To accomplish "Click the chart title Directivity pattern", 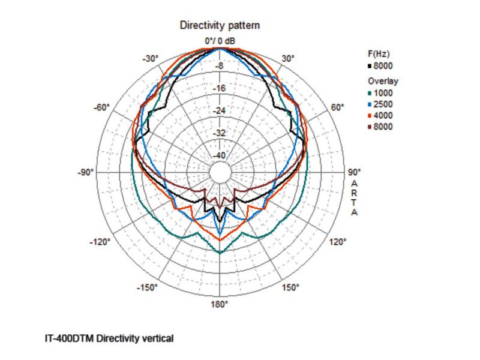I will (x=220, y=26).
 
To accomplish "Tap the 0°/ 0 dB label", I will (x=220, y=41).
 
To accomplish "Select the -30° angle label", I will (x=150, y=58).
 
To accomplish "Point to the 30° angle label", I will (x=288, y=58).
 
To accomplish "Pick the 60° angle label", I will (x=338, y=107).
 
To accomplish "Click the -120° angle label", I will (x=99, y=242).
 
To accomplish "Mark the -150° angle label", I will (x=148, y=288).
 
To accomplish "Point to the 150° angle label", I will (x=290, y=288).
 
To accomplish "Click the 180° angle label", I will (x=219, y=304).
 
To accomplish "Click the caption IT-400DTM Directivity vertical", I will (x=109, y=338).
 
